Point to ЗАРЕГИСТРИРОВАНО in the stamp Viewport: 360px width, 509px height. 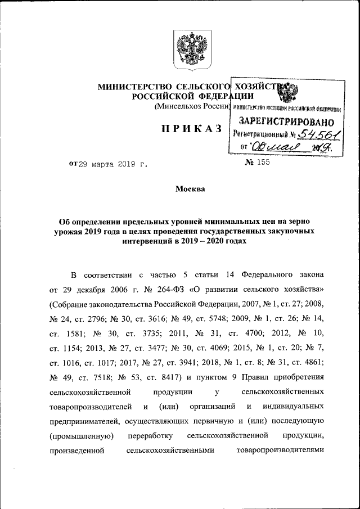tap(286, 121)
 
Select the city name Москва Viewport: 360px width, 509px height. tap(191, 190)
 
